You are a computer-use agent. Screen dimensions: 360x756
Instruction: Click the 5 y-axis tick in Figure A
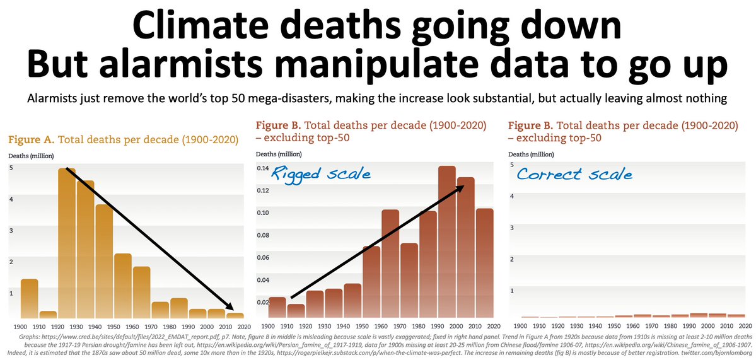pos(11,168)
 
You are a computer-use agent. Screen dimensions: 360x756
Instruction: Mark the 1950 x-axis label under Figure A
pos(113,327)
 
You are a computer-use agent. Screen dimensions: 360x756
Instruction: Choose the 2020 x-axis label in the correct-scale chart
pos(745,326)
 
